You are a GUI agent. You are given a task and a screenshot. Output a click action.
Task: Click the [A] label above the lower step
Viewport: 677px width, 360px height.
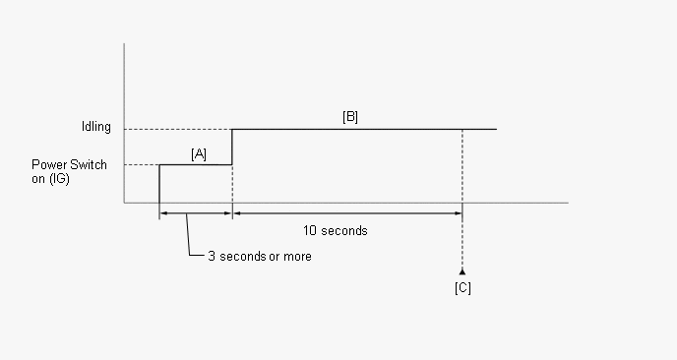pos(199,154)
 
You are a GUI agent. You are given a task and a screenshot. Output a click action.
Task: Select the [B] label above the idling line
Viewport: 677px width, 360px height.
pos(350,116)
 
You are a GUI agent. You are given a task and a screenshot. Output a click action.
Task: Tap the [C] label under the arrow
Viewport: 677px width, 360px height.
pos(462,288)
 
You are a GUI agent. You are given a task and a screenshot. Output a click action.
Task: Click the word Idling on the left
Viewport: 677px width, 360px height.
pos(96,127)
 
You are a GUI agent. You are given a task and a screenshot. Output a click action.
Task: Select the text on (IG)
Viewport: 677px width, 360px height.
pos(50,179)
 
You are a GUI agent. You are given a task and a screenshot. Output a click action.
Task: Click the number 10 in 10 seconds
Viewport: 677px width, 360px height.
pos(310,230)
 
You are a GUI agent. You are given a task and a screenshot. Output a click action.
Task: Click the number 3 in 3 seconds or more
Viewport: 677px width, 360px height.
pos(212,257)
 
